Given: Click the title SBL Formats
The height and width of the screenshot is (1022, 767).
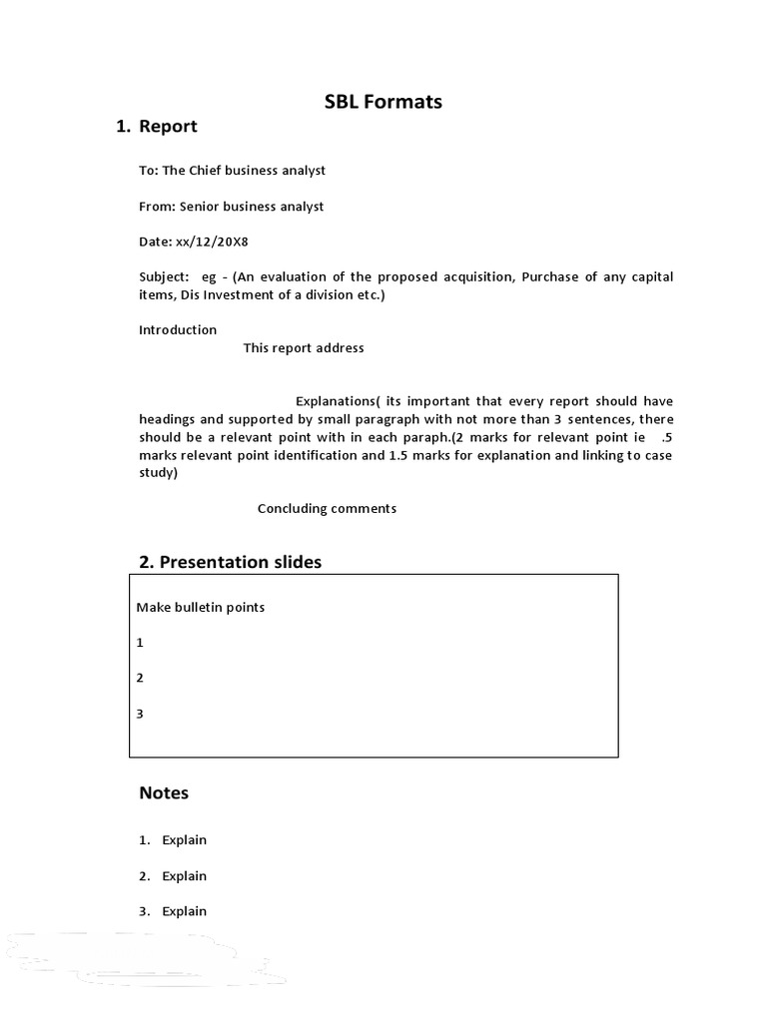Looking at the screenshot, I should click(x=383, y=102).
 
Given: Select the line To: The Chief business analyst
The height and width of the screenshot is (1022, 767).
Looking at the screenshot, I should click(x=232, y=171).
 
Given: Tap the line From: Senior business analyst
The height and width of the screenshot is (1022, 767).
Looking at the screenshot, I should click(x=231, y=207).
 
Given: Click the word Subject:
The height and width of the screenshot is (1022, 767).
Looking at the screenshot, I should click(x=163, y=277).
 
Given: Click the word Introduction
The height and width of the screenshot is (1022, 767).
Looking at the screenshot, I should click(x=178, y=330).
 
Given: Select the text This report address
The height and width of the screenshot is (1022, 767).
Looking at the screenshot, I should click(x=304, y=348).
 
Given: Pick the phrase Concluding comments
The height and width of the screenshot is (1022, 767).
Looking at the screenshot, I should click(x=327, y=509).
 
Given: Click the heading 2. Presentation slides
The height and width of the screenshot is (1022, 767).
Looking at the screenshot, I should click(x=230, y=562).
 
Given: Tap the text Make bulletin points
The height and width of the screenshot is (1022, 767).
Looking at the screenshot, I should click(x=200, y=607).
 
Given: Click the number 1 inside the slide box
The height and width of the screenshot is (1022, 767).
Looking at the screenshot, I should click(x=141, y=643).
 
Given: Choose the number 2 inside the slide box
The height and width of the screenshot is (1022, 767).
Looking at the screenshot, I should click(x=141, y=678).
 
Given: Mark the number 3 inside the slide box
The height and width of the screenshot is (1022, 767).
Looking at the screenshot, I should click(x=141, y=714).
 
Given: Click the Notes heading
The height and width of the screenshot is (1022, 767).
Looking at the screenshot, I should click(x=164, y=793).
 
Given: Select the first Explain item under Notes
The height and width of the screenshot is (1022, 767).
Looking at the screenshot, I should click(x=184, y=840).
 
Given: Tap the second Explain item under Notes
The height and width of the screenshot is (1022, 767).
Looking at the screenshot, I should click(x=184, y=876).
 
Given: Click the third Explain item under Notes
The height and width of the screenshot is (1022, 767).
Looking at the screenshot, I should click(x=184, y=911).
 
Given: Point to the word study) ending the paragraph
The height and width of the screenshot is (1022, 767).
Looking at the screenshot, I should click(x=158, y=473).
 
